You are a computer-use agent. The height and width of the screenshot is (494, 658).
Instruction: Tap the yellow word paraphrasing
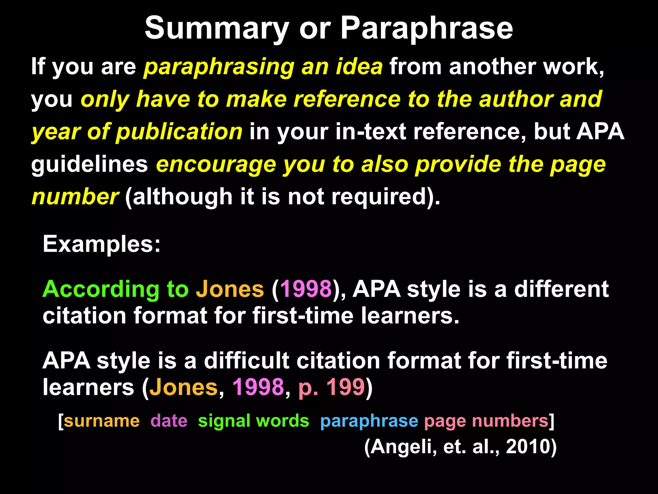[x=218, y=67]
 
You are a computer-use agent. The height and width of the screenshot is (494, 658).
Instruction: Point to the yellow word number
[x=75, y=197]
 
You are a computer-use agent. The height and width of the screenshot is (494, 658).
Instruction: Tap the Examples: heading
[x=102, y=244]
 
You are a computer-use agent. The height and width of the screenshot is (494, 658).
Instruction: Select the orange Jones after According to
[x=230, y=289]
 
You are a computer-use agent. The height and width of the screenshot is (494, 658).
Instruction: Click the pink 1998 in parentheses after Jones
[x=306, y=289]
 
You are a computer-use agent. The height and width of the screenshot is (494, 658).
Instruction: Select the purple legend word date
[x=169, y=421]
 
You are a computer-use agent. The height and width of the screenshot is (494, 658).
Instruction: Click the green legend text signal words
[x=253, y=421]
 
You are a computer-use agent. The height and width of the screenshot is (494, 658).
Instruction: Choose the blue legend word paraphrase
[x=369, y=421]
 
